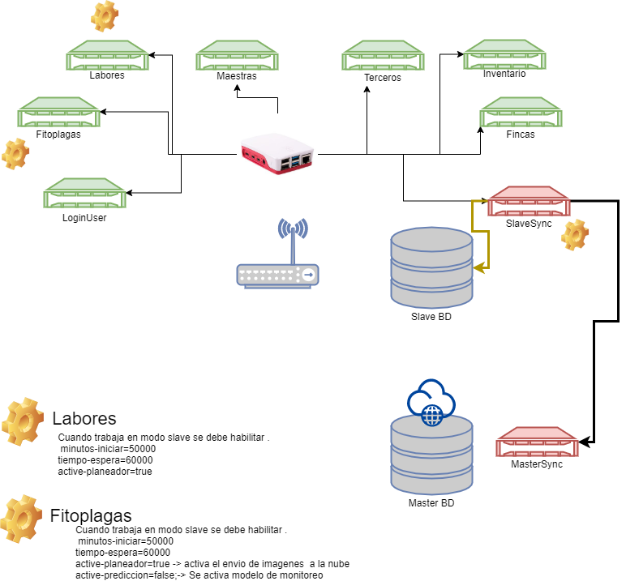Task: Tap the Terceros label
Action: point(383,78)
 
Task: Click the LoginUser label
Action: point(84,217)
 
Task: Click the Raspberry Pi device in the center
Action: point(278,154)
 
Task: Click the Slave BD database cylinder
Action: point(431,266)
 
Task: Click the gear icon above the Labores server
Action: point(104,15)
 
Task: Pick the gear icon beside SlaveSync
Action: point(575,234)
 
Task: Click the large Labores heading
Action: point(84,419)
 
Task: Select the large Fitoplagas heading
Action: point(91,515)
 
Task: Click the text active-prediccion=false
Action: point(113,575)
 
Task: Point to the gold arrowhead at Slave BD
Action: point(479,266)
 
